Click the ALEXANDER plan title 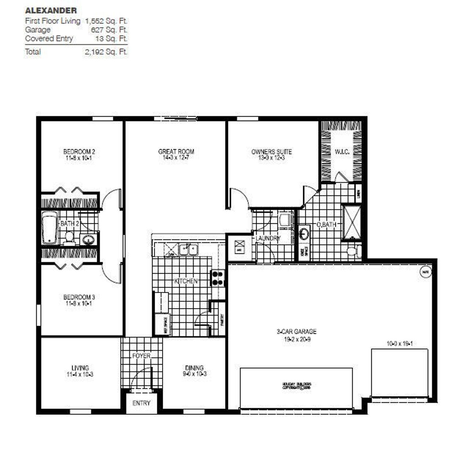tap(51, 11)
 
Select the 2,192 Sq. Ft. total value tap(106, 52)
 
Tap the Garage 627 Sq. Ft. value tap(109, 30)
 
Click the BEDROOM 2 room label tap(79, 151)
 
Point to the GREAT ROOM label tap(176, 151)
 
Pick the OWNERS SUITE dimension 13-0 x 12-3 tap(271, 158)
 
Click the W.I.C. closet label tap(342, 152)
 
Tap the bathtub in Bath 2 tap(49, 228)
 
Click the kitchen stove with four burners tap(218, 278)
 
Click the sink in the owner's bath tap(304, 233)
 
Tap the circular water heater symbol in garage tap(426, 272)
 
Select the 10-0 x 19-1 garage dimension tap(400, 344)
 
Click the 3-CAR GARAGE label tap(296, 332)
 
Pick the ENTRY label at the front tap(141, 403)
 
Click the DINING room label tap(194, 368)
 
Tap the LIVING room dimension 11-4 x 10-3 tap(80, 375)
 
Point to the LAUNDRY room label tap(268, 238)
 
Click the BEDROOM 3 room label tap(79, 297)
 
